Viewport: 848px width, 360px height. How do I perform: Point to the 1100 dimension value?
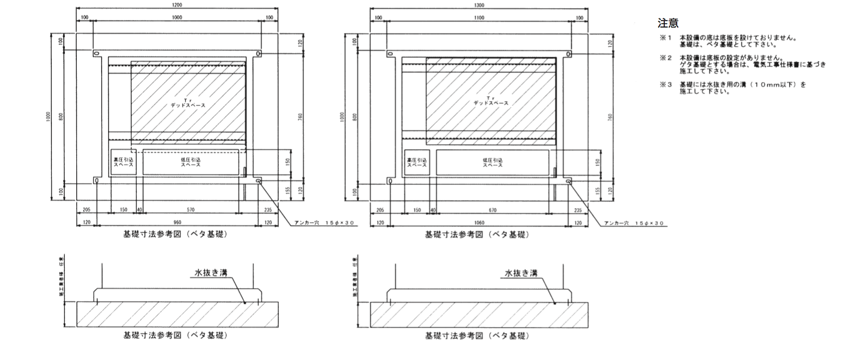tap(479, 18)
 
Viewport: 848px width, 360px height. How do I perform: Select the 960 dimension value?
tap(177, 222)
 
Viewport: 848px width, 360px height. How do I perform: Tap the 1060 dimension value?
tap(479, 222)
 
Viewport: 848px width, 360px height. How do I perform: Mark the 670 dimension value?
tap(492, 210)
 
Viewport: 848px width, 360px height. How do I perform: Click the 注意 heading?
tap(668, 23)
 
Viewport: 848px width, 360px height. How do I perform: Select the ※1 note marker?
tap(664, 38)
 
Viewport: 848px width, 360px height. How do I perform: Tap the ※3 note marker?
tap(664, 85)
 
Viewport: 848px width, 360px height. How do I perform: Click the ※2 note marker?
tap(664, 57)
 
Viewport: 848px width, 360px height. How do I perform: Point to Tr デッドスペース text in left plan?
tap(188, 103)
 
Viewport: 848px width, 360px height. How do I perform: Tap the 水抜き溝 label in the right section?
tap(521, 274)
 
